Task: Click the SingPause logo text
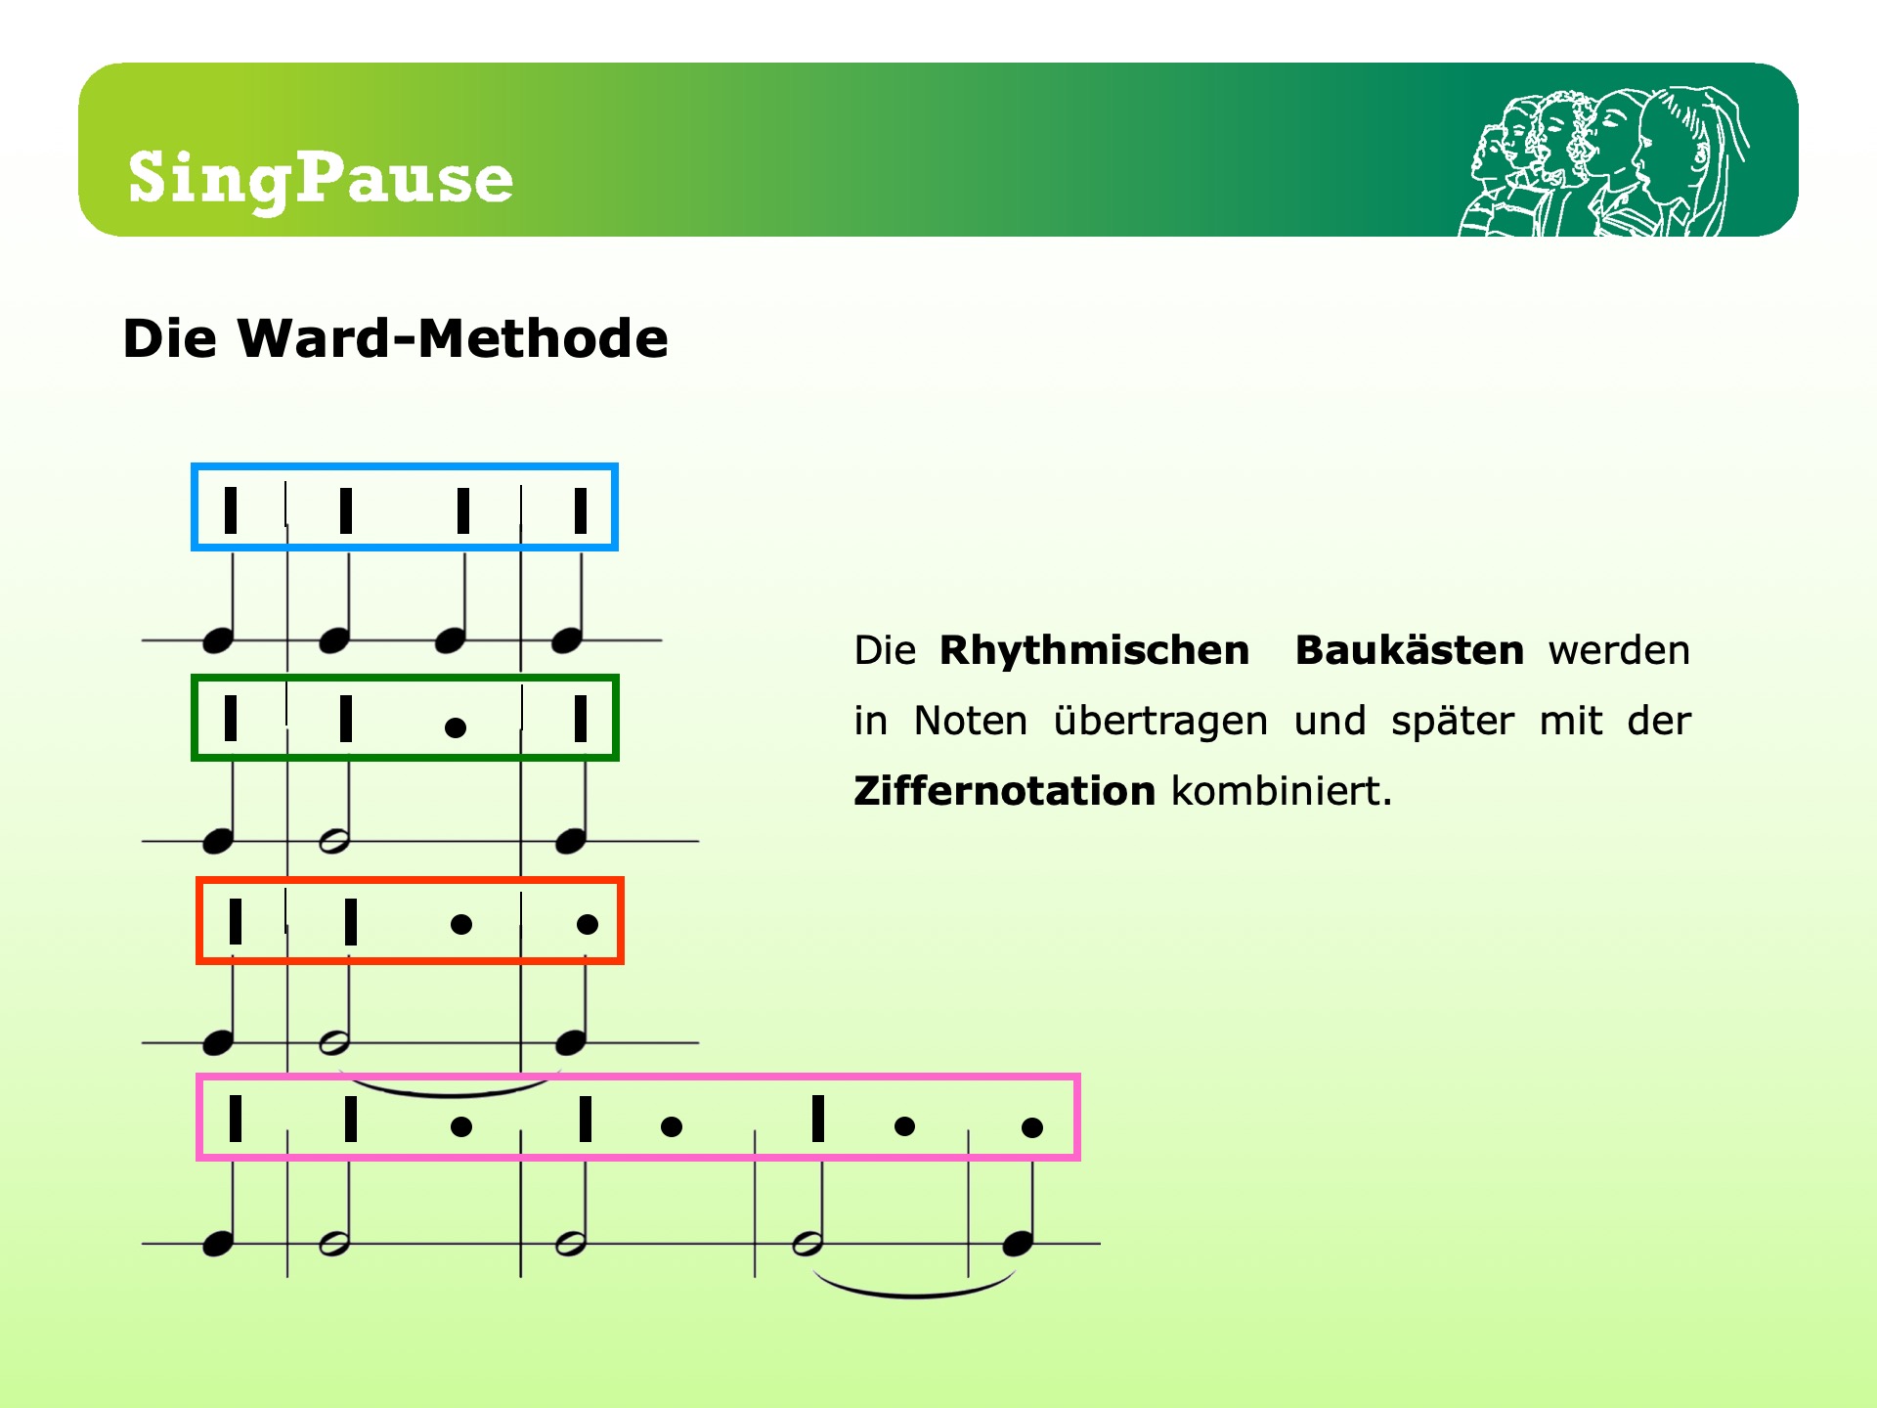coord(321,180)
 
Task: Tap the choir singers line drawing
coord(1603,162)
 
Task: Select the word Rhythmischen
coord(1094,650)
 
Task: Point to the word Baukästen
coord(1410,650)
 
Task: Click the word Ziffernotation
coord(1004,791)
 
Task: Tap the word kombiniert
coord(1282,791)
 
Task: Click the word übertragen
coord(1160,722)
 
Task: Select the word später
coord(1453,722)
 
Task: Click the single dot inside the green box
coord(455,727)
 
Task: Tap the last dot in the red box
coord(588,924)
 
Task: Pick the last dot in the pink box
coord(1032,1127)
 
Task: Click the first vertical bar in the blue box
coord(231,510)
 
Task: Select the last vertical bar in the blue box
coord(581,510)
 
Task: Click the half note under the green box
coord(334,841)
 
